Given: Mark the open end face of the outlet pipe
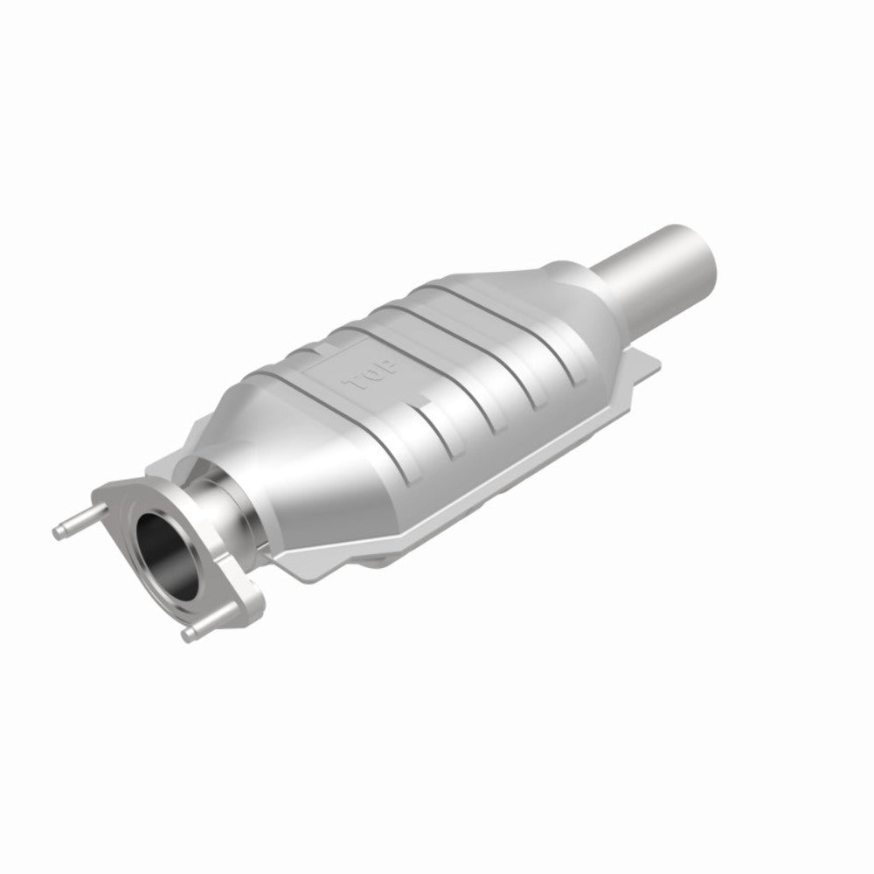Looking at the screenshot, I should (x=699, y=237).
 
